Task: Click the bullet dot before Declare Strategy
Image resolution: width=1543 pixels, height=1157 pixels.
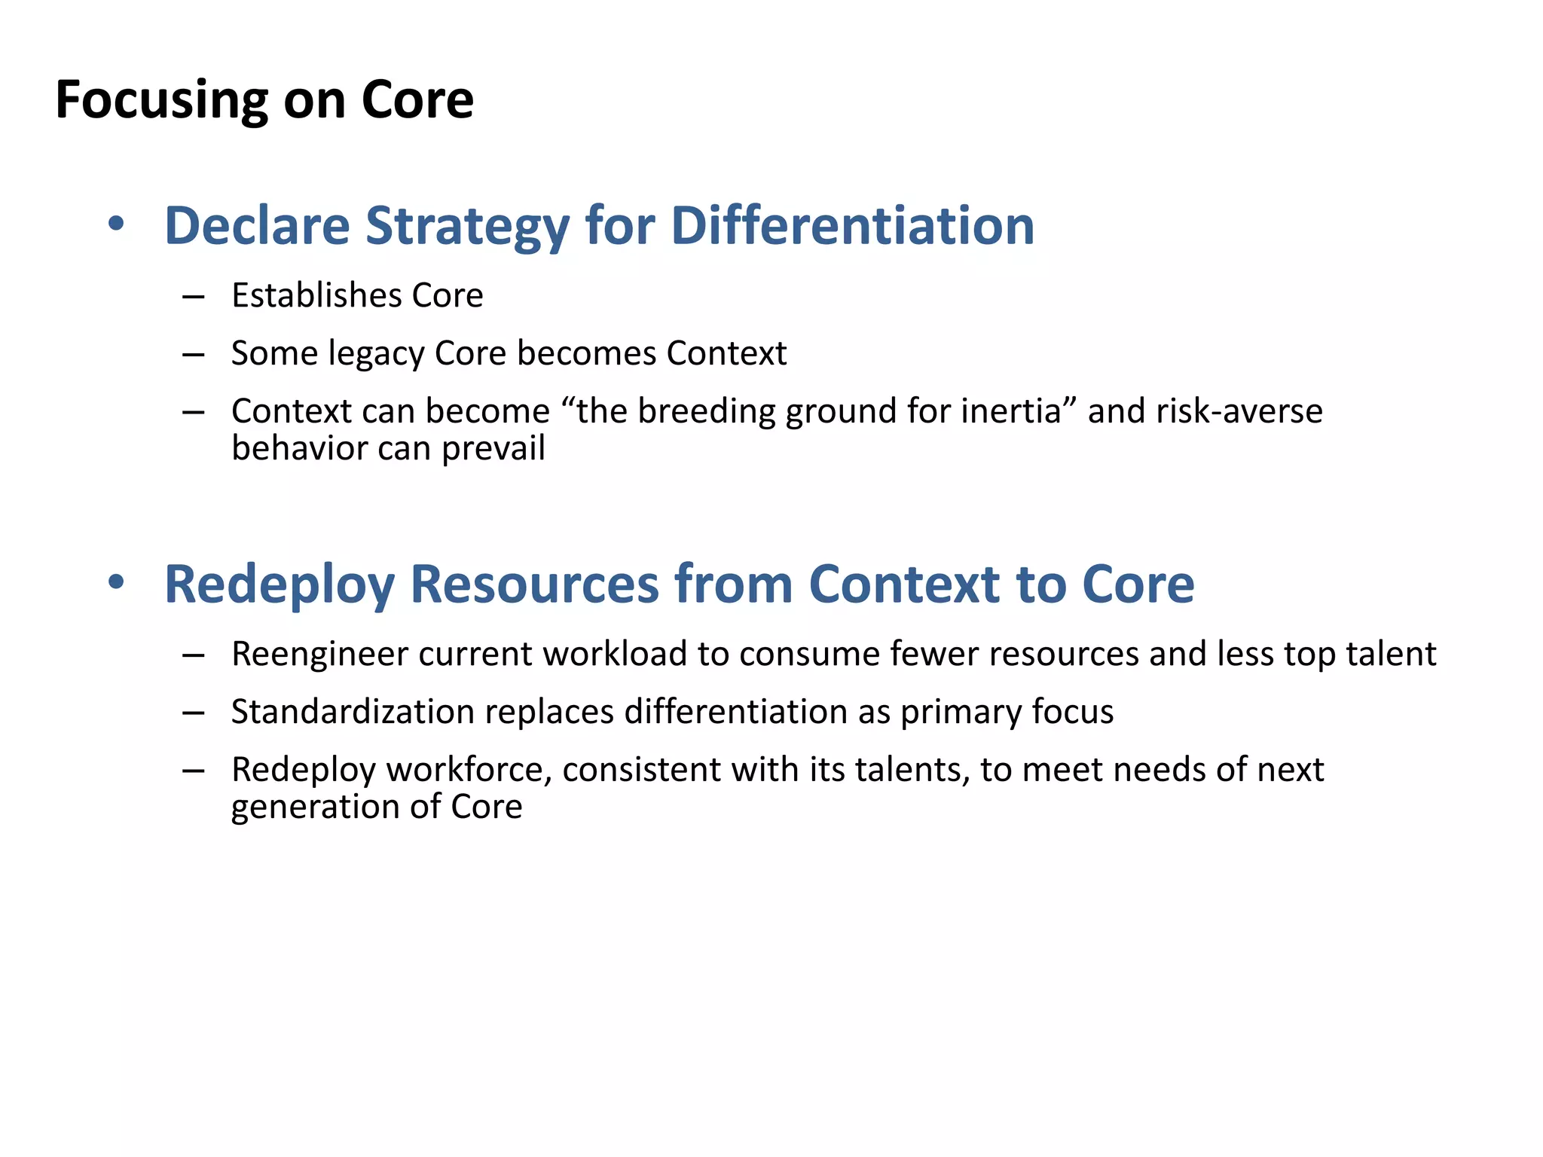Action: point(115,224)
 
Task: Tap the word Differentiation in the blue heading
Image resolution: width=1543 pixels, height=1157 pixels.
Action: point(852,225)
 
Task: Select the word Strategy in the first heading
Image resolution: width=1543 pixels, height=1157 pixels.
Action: point(467,225)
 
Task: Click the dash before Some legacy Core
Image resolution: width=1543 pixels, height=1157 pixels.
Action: point(194,354)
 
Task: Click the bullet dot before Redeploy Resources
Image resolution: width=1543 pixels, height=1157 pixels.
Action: point(115,582)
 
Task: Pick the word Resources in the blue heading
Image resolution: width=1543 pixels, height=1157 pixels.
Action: point(535,585)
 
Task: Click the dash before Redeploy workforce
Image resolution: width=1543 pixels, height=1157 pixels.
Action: point(194,771)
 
